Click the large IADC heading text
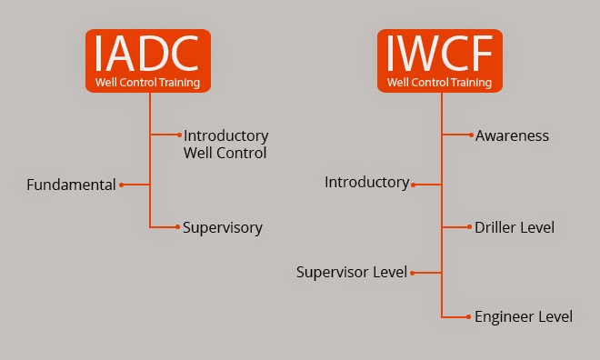pos(149,54)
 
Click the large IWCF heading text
pos(440,54)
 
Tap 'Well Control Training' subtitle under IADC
pos(149,83)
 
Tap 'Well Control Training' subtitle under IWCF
pos(440,83)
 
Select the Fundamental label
pos(71,185)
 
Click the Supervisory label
pos(223,228)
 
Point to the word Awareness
pos(512,135)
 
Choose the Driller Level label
pos(515,226)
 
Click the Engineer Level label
pos(524,316)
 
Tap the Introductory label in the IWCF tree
pos(366,183)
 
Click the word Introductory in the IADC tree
pos(225,135)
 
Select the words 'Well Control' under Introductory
pos(225,153)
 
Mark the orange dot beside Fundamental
pos(121,185)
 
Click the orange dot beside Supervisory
pos(179,227)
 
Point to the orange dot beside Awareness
pos(472,135)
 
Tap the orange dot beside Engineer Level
pos(472,316)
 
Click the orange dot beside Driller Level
pos(472,226)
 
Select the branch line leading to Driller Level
pos(456,226)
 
